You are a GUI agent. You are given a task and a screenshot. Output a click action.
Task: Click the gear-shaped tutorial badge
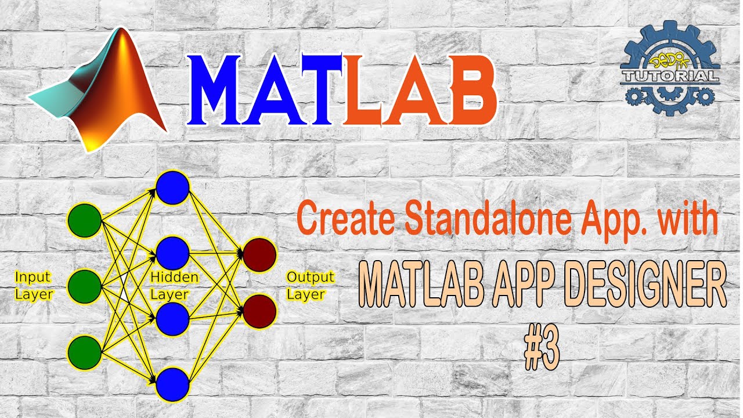(x=670, y=66)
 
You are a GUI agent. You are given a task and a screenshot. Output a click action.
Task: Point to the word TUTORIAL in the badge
(x=670, y=75)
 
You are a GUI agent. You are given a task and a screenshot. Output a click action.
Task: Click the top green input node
(x=85, y=221)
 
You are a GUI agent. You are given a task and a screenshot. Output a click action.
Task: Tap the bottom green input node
(x=85, y=352)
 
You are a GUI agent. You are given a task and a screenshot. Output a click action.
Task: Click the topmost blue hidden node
(x=172, y=188)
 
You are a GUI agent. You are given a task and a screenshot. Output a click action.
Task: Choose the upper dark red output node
(x=259, y=253)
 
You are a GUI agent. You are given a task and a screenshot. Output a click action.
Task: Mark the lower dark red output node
(x=259, y=311)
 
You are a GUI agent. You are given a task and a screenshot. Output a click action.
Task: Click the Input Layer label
(x=34, y=285)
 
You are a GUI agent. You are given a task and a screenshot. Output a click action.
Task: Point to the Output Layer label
(x=310, y=285)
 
